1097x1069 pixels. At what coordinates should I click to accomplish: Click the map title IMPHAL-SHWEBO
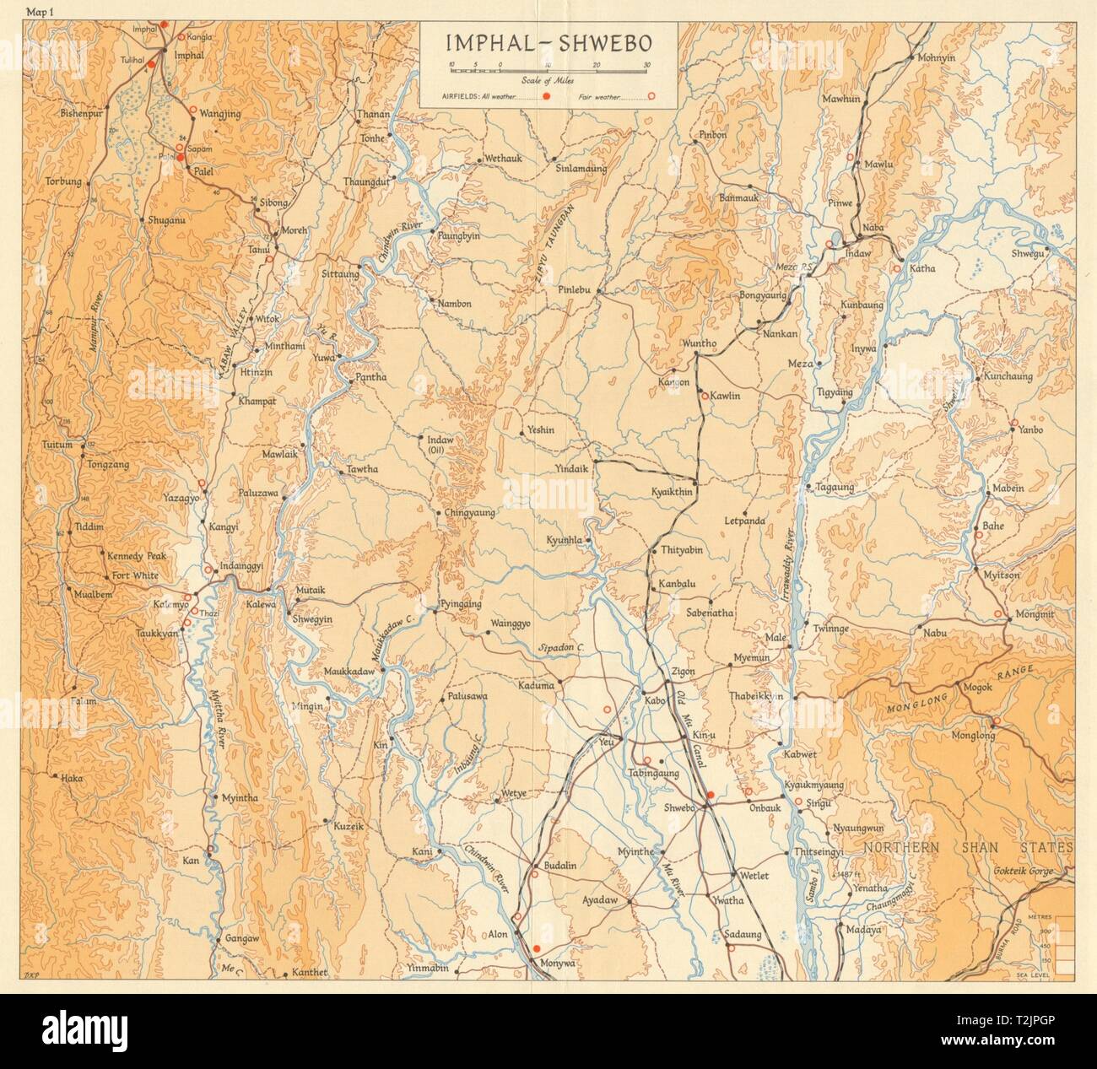pos(549,40)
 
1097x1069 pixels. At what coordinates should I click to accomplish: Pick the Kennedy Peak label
pos(137,556)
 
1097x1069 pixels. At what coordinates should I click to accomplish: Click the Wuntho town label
pos(700,343)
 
